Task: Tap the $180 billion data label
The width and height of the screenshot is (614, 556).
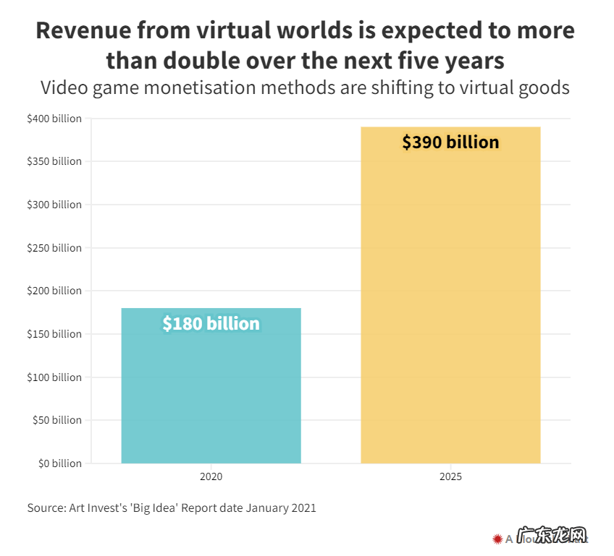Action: point(211,323)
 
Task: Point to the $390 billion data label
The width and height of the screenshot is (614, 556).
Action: point(450,142)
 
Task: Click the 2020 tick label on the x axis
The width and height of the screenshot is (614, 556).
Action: point(211,477)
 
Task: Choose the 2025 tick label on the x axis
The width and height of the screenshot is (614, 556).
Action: point(450,477)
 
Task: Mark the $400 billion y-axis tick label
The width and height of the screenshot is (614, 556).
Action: point(54,119)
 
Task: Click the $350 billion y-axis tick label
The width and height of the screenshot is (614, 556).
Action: point(54,161)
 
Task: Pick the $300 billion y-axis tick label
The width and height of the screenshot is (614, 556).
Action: point(54,205)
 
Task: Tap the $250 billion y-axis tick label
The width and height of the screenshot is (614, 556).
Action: point(54,248)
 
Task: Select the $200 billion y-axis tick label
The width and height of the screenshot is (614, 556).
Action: point(54,291)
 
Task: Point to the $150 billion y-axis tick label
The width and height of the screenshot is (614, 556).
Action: point(54,334)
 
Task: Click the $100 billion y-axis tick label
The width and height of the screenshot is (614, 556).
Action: point(54,377)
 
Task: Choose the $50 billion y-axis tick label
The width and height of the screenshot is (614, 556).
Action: point(57,420)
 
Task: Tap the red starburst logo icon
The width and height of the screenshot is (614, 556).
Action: point(497,539)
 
